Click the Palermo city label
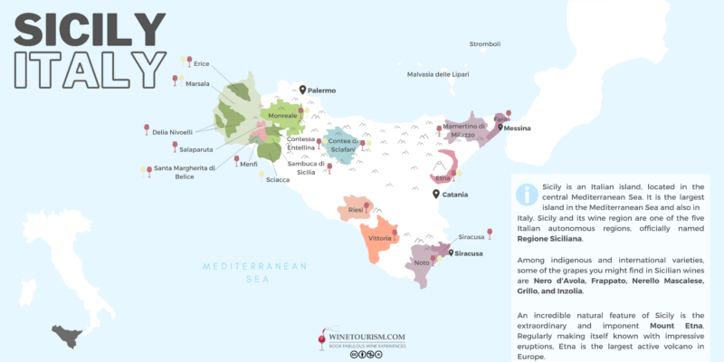[x=322, y=90]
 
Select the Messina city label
[x=517, y=129]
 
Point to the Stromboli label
[x=484, y=44]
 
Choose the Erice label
[x=201, y=63]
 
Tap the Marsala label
[x=197, y=83]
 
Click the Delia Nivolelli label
[x=172, y=132]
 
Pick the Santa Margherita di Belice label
[x=185, y=172]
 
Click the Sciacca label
[x=277, y=179]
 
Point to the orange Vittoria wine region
[x=378, y=240]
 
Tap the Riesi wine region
[x=356, y=210]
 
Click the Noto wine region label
[x=421, y=262]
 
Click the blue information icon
[x=526, y=194]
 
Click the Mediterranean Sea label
[x=255, y=272]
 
